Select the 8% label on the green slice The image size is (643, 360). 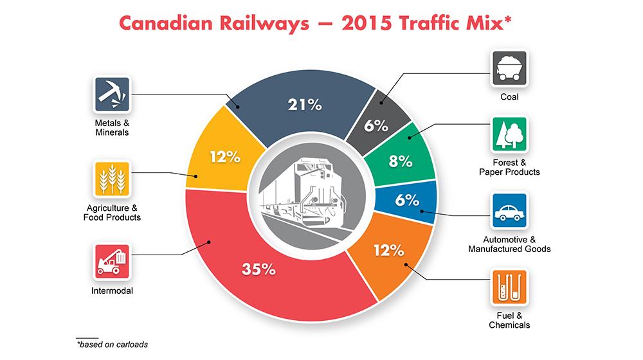coord(400,161)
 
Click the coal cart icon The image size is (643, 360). coord(509,67)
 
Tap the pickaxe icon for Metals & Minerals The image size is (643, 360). coord(111,94)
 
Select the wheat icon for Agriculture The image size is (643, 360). coord(111,179)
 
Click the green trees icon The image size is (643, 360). coord(509,134)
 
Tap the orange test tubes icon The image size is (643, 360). coord(509,288)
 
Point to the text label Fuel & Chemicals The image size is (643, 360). coord(509,321)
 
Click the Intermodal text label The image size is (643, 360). coord(111,290)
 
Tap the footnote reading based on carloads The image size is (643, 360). coord(113,345)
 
